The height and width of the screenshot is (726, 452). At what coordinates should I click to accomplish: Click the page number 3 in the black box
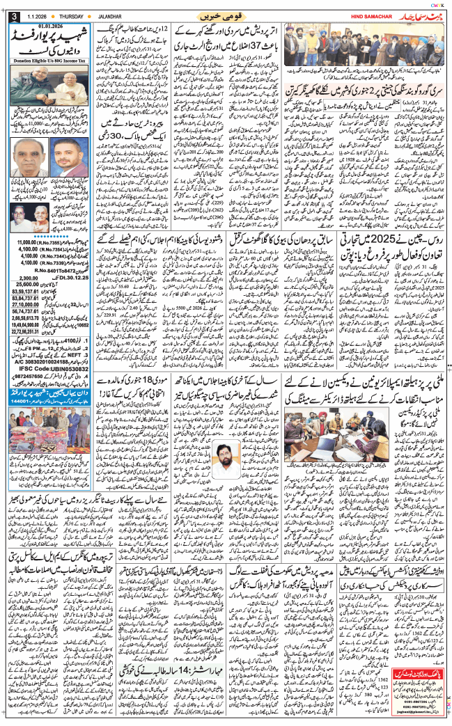[x=7, y=16]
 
